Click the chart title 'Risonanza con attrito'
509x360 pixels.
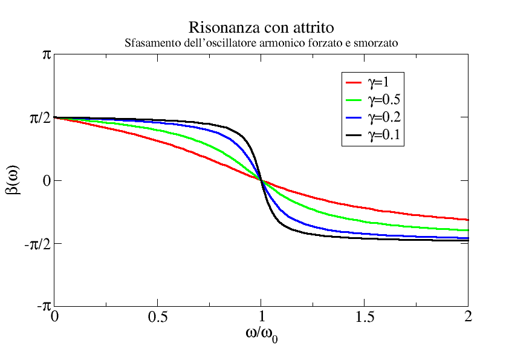(261, 28)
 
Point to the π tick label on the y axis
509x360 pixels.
(46, 54)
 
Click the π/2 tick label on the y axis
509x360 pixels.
(40, 118)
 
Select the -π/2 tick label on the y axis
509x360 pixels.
(37, 243)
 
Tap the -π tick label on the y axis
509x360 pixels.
(44, 306)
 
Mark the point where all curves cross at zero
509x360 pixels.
(261, 180)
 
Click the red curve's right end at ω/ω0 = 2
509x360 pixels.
(467, 220)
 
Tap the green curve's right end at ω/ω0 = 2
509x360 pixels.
(467, 230)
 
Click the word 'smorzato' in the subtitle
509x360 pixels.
(377, 44)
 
